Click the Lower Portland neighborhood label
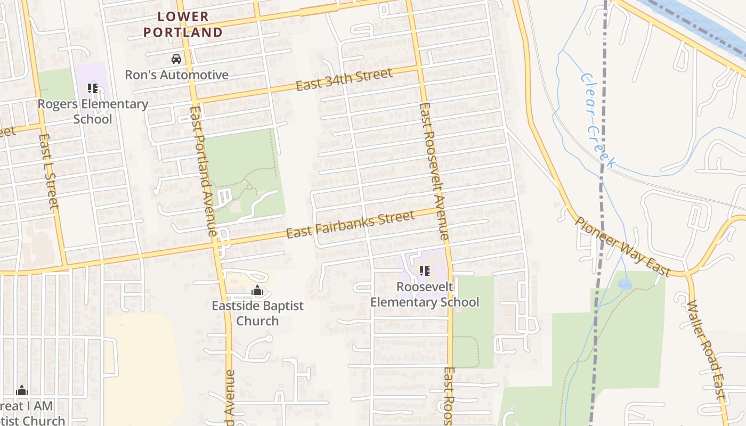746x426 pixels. point(183,24)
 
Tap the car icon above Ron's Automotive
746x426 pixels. point(176,59)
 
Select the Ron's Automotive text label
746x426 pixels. point(176,75)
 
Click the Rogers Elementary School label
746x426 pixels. point(93,111)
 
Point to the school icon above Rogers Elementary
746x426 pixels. point(93,88)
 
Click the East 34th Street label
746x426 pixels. point(344,79)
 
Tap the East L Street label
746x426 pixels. point(48,170)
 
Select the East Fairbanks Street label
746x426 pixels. point(350,225)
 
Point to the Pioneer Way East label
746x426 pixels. point(622,246)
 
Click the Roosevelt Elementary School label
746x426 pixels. point(425,294)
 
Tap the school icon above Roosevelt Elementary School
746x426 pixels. point(425,272)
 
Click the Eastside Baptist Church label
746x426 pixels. point(257,313)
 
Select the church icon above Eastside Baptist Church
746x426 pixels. point(257,291)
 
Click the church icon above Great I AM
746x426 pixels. point(22,390)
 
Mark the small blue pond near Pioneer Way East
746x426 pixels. point(625,284)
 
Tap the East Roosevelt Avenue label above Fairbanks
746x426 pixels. point(434,170)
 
